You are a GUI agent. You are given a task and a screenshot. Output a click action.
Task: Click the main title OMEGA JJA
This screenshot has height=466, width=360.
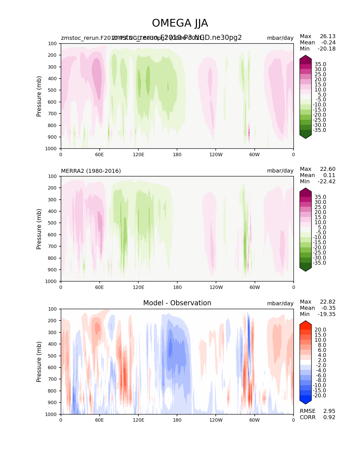tap(180, 23)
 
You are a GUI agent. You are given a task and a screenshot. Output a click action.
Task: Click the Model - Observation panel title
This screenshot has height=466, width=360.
tap(177, 303)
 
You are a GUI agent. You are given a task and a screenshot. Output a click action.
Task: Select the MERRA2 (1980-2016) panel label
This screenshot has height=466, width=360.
tap(91, 171)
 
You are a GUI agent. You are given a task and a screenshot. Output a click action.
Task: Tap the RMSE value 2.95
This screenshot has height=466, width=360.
tap(329, 411)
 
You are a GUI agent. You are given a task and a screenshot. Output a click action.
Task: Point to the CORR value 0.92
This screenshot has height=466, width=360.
tap(329, 417)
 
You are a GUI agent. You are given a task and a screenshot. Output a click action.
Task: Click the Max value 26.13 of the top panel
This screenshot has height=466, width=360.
tap(328, 36)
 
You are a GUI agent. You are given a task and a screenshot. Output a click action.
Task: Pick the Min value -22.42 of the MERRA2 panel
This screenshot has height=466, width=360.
tap(326, 182)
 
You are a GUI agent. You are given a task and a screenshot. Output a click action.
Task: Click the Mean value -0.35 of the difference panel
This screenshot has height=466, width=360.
tap(328, 308)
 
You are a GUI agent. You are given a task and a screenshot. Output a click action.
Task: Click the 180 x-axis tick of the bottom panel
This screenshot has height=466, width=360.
tap(177, 420)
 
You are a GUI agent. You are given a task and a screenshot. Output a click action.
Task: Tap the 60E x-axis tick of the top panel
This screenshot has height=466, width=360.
tap(99, 155)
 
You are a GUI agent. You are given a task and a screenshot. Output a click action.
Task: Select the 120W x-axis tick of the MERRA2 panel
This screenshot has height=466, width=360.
tap(216, 288)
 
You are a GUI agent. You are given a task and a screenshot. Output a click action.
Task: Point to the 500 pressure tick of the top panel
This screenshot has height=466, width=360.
tap(53, 90)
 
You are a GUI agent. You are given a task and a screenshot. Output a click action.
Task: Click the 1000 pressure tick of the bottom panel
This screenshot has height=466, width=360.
tap(51, 414)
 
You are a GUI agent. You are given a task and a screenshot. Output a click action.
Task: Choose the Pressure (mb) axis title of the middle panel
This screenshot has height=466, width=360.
tap(39, 229)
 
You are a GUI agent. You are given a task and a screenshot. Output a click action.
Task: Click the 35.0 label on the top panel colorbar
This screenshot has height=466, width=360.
tap(320, 64)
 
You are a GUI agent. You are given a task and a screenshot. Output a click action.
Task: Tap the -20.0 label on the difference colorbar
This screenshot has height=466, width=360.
tap(319, 396)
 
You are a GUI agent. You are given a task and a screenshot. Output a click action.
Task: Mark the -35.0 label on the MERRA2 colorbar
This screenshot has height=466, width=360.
tap(319, 263)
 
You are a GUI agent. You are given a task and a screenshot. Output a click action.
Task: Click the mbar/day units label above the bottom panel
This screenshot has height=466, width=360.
tap(280, 303)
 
